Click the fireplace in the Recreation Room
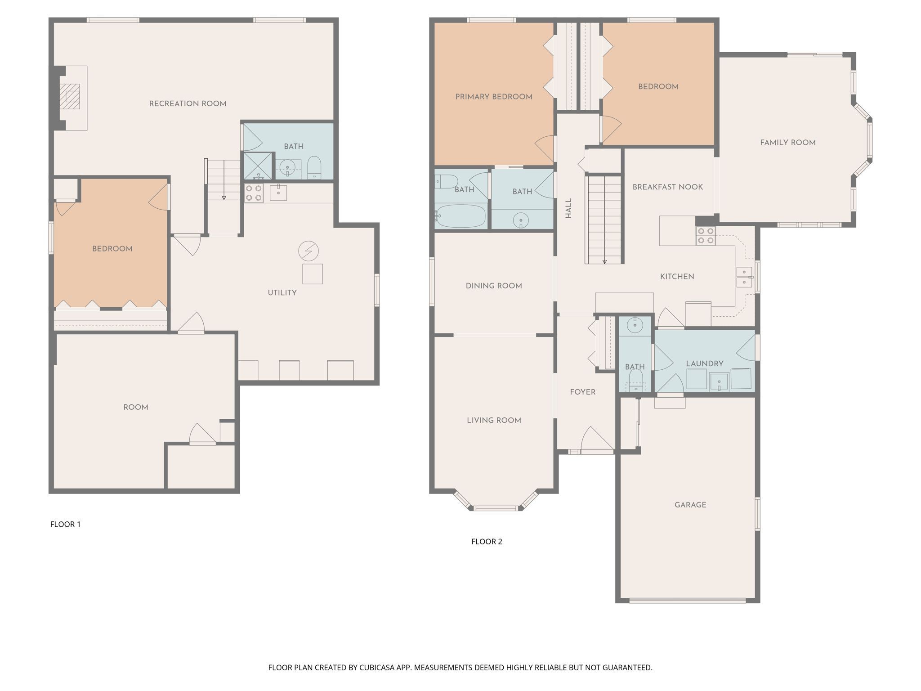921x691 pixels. coord(70,97)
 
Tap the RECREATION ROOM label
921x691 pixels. coord(188,104)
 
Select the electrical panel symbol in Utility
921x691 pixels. coord(308,251)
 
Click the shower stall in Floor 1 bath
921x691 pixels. coord(258,166)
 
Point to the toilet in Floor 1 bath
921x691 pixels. coord(314,167)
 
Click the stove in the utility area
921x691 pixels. coord(254,193)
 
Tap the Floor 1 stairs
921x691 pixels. coord(224,179)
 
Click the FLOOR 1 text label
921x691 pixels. coord(65,524)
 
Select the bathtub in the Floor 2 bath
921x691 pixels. coord(460,216)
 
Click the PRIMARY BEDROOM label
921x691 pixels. coord(494,97)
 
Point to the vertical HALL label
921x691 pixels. coord(568,208)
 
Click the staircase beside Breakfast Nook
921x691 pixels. coord(604,219)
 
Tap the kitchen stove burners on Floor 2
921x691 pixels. coord(706,236)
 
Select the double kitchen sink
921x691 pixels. coord(744,277)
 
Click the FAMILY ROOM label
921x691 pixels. coord(787,143)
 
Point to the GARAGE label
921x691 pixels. coord(690,505)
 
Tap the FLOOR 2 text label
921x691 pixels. coord(487,542)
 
